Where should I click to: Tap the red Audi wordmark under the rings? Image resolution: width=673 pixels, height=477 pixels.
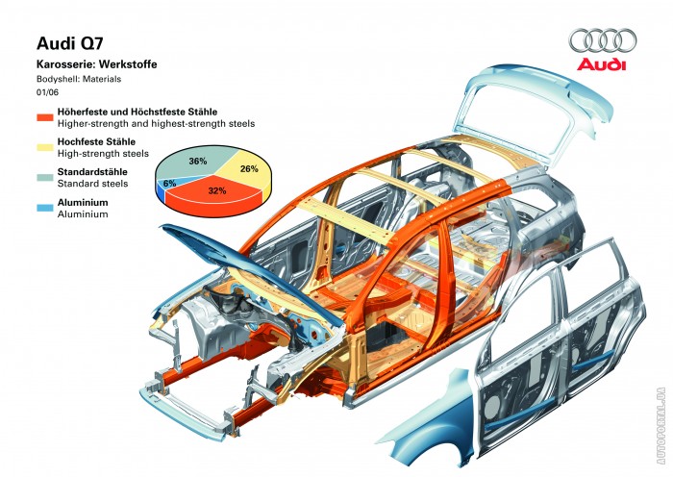tap(601, 65)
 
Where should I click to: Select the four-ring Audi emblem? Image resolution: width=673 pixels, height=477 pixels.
tap(602, 40)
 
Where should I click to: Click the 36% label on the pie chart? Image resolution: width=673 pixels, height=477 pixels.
tap(198, 161)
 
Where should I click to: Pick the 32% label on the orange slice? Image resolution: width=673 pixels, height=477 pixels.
tap(216, 191)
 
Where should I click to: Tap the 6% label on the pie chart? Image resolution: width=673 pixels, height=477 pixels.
tap(170, 183)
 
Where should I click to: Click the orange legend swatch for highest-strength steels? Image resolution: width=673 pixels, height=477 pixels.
tap(44, 118)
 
